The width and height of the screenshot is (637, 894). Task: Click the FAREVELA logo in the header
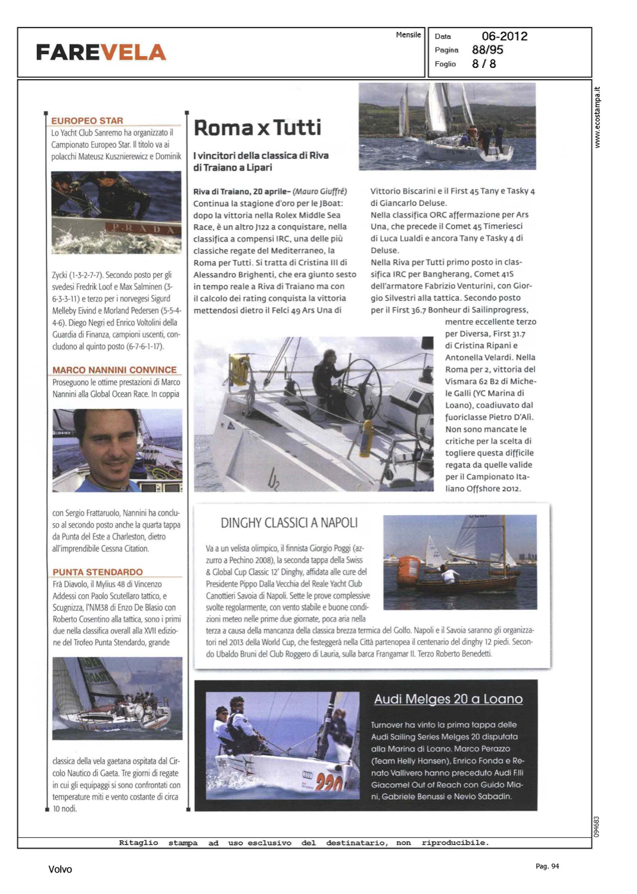101,52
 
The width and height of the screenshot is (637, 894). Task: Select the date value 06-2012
504,36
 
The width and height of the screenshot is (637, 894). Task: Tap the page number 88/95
487,50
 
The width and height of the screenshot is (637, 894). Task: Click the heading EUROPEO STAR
87,120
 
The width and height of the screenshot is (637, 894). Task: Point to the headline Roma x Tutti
257,128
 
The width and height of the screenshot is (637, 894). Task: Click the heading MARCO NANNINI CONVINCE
114,370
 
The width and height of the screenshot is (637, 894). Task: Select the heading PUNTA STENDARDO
98,572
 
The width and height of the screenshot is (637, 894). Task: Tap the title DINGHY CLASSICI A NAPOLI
289,523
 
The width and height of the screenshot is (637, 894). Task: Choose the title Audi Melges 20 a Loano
448,699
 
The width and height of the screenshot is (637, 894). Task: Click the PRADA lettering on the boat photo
143,229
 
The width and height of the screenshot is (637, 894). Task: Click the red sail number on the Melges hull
328,782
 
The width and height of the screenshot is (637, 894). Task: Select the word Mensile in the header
408,35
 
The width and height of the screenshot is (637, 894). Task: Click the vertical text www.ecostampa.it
598,117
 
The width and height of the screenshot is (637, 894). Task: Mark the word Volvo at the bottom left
60,870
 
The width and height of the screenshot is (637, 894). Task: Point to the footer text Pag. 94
547,867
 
